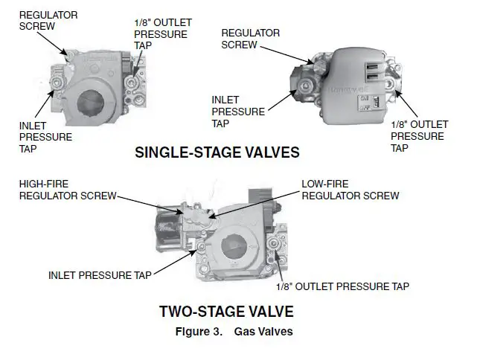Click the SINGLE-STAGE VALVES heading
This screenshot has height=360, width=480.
217,152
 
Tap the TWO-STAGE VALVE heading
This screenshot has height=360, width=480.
226,311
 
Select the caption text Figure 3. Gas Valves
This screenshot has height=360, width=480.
234,332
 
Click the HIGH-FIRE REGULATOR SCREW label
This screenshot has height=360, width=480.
67,190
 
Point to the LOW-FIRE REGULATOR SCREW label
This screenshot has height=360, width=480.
350,190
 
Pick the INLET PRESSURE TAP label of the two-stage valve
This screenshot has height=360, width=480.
100,274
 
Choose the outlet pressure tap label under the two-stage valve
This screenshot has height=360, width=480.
342,286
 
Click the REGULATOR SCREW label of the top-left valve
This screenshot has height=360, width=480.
48,20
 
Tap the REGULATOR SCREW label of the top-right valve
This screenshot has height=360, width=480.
251,39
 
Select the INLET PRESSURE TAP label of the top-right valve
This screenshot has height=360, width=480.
237,112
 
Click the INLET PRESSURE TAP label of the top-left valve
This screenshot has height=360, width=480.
45,137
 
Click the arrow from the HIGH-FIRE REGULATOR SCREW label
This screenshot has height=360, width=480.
149,203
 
